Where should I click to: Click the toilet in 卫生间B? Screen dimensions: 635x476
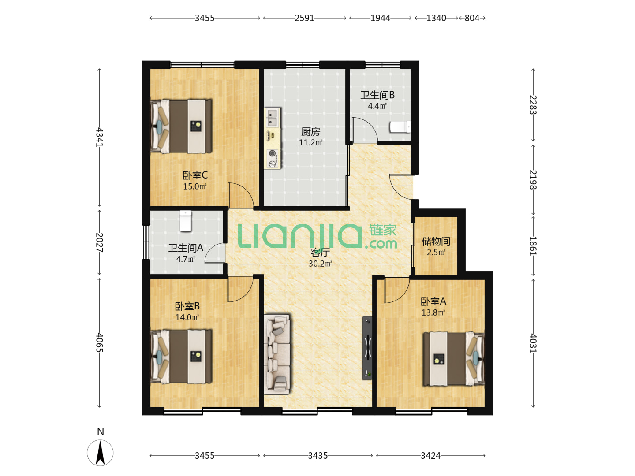(x=400, y=127)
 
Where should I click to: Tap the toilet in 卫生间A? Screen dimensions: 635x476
(x=186, y=221)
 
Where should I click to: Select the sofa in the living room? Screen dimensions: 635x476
(x=277, y=354)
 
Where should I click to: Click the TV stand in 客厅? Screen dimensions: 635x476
(x=367, y=348)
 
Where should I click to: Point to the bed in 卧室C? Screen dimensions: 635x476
(x=181, y=126)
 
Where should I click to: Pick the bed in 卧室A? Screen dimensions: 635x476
(x=454, y=359)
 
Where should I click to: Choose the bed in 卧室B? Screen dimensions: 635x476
(x=181, y=357)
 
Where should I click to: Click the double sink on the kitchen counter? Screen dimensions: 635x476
(x=273, y=117)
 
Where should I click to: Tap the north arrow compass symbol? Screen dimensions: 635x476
(x=100, y=453)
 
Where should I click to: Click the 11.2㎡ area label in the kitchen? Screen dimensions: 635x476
(x=311, y=142)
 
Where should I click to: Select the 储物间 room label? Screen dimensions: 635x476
(x=436, y=241)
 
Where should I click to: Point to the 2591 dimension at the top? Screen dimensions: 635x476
(x=304, y=18)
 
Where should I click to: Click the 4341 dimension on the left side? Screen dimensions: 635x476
(x=99, y=137)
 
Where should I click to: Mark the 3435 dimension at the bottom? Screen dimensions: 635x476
(x=317, y=455)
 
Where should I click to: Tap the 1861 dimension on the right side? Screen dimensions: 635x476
(x=533, y=246)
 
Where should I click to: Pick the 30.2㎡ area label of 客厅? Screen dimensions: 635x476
(x=320, y=264)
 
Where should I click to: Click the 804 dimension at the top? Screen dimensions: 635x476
(x=472, y=18)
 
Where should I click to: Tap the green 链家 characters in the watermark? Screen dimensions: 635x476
(x=383, y=230)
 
